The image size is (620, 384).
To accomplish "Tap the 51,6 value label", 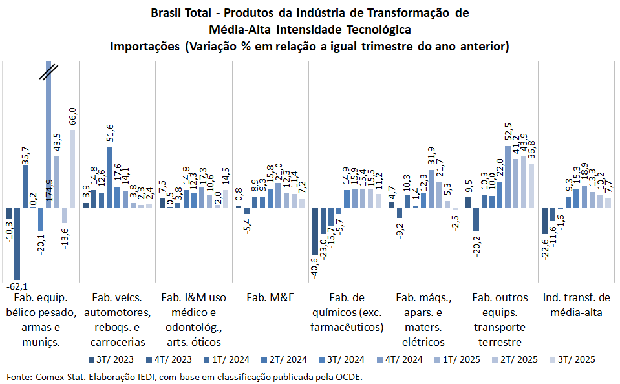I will click(110, 134).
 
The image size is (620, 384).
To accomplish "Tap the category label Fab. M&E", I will click(270, 297).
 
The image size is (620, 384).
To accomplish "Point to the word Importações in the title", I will click(145, 47).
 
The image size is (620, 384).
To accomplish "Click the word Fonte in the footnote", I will click(18, 376).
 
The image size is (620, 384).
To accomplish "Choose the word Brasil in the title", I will click(166, 13).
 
